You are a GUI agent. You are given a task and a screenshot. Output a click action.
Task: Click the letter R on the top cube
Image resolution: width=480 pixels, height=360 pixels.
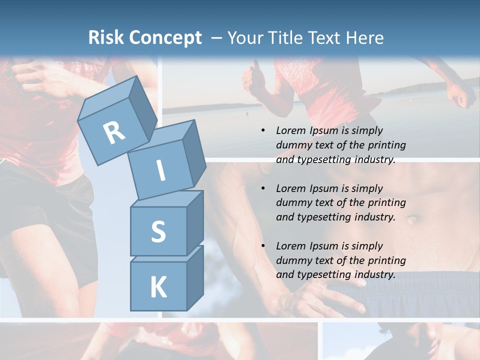(114, 132)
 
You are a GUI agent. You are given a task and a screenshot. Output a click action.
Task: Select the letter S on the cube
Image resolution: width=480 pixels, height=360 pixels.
(158, 232)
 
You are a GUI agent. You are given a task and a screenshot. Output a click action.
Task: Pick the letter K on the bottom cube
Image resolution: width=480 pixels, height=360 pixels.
(158, 287)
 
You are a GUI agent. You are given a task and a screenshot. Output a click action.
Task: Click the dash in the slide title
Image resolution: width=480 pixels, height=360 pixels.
(216, 38)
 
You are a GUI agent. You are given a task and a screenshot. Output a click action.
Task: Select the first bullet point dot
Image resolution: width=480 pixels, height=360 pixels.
(263, 131)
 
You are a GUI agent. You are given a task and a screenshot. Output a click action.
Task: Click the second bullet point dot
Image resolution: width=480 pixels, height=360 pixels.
(263, 188)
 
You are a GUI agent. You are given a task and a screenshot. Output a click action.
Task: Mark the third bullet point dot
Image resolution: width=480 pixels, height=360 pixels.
(263, 246)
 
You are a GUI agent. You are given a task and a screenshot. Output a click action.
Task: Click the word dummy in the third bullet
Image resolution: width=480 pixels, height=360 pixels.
(292, 260)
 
